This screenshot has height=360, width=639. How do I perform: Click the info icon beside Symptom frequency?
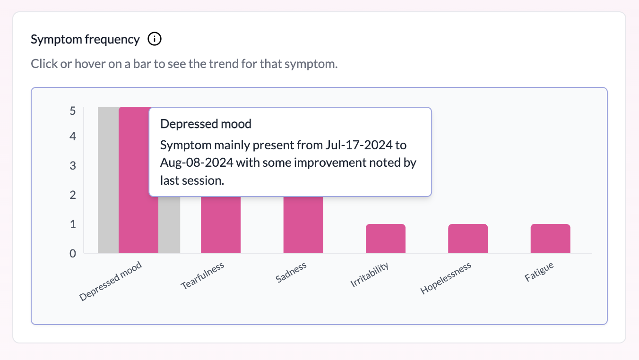pos(155,39)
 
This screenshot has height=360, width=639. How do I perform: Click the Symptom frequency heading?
pos(85,39)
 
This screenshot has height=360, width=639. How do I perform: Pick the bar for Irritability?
pos(385,239)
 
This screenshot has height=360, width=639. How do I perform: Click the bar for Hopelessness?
pos(468,239)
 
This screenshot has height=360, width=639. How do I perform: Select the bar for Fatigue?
pos(550,239)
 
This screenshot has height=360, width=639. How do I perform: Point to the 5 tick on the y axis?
pos(72,111)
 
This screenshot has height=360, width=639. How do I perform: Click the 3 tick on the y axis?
pos(72,166)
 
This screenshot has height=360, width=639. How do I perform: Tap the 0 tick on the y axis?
pos(72,254)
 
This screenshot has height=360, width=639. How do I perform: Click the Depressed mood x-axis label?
pos(111,281)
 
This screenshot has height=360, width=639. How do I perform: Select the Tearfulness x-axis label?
pos(202,276)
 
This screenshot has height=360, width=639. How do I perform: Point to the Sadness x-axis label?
pos(291,272)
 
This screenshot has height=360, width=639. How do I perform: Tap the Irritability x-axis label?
pos(370,274)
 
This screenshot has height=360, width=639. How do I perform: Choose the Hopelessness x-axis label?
pos(446,279)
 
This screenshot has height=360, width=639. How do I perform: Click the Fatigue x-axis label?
pos(539,272)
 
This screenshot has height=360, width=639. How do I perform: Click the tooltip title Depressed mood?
pos(206,124)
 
